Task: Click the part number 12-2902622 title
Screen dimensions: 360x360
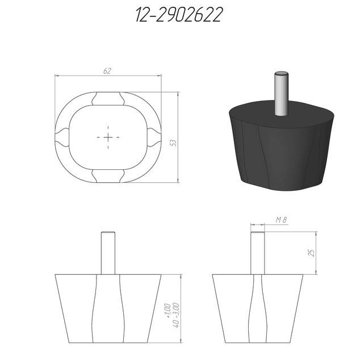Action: (x=179, y=14)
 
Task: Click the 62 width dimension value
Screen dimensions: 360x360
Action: (x=107, y=71)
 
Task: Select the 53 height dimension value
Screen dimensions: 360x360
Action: (x=173, y=143)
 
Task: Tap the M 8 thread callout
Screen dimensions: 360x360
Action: (x=281, y=220)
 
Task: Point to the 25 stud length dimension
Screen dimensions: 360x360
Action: (x=312, y=253)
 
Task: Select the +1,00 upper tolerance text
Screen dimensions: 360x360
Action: (x=168, y=311)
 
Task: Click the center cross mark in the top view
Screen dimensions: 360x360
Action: (x=108, y=137)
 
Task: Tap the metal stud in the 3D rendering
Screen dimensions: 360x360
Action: (x=281, y=94)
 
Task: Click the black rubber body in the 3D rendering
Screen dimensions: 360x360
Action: (x=281, y=147)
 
